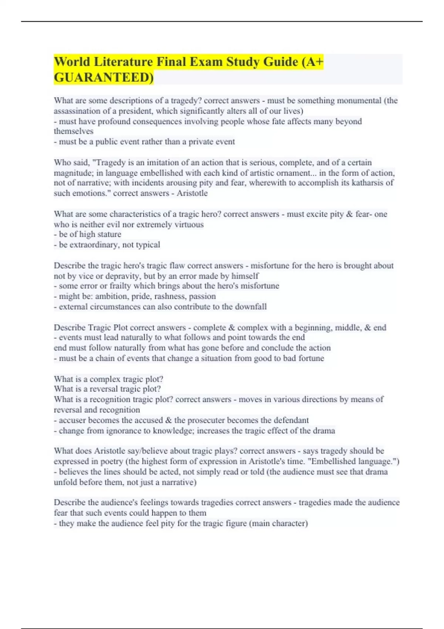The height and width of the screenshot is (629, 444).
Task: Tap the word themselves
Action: point(74,131)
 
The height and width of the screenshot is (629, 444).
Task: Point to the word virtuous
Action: point(189,225)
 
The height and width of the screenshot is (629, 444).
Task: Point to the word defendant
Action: point(290,420)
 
